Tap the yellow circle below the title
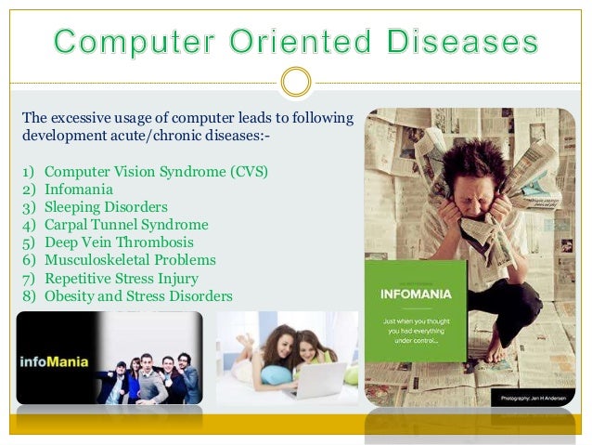click(295, 83)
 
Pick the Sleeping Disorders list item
click(106, 207)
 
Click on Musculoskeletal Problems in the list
click(130, 260)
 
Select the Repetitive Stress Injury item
click(122, 278)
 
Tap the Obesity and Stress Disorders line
click(138, 295)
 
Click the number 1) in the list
click(25, 172)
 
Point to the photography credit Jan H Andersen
click(534, 397)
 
